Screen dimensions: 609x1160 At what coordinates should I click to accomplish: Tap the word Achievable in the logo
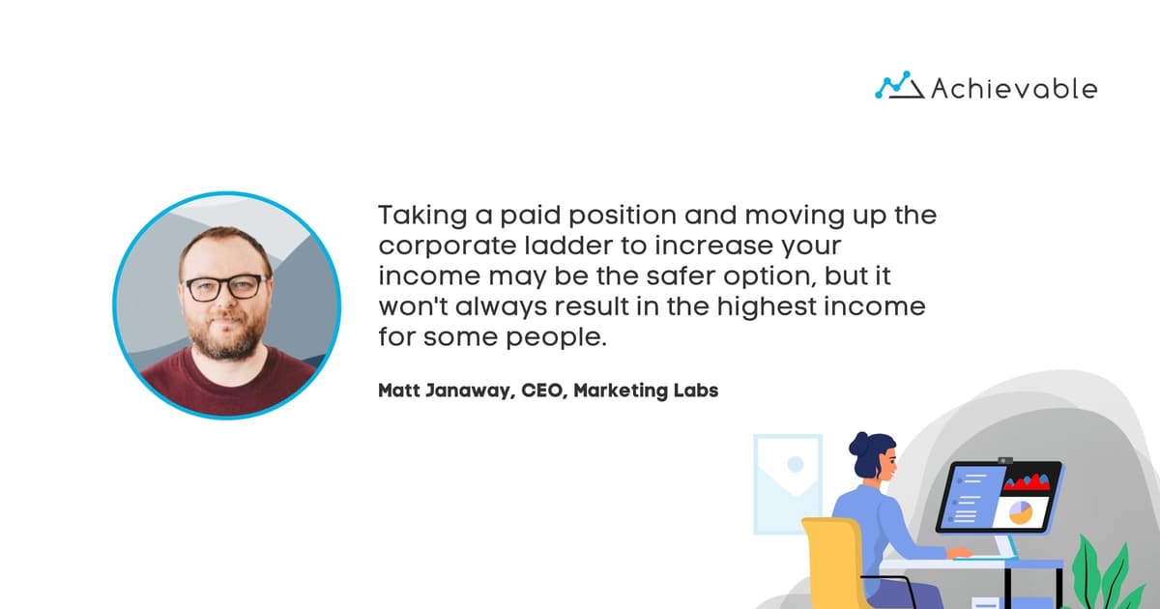pyautogui.click(x=1014, y=89)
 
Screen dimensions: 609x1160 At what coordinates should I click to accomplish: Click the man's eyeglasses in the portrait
pyautogui.click(x=225, y=287)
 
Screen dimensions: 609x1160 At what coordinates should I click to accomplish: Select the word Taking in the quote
pyautogui.click(x=416, y=215)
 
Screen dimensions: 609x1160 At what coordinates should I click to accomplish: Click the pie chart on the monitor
pyautogui.click(x=1021, y=512)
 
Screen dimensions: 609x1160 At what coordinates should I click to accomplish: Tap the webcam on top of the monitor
pyautogui.click(x=1005, y=461)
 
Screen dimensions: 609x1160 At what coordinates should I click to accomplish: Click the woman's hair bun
pyautogui.click(x=859, y=444)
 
